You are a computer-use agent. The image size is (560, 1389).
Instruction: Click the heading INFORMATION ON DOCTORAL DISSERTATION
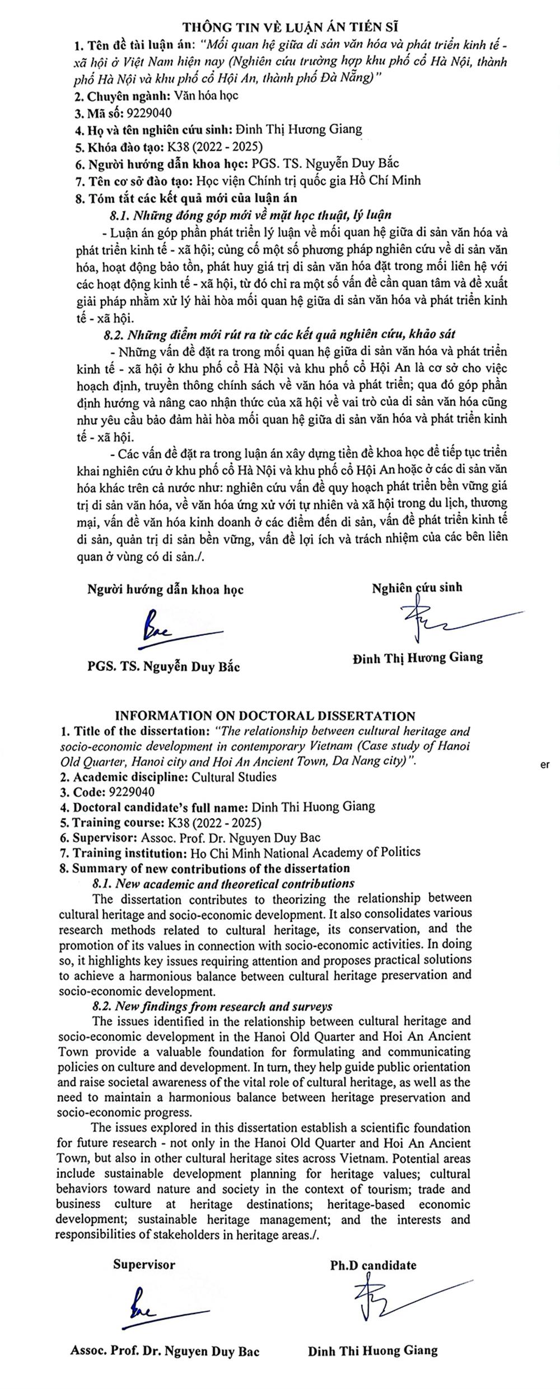pos(265,716)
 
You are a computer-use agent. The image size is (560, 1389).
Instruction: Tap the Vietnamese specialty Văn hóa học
pos(207,95)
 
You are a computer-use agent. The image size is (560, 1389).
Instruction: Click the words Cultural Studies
pos(234,777)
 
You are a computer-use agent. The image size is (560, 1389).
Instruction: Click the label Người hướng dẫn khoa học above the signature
pos(165,589)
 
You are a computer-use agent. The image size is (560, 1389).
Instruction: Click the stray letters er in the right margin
pos(545,766)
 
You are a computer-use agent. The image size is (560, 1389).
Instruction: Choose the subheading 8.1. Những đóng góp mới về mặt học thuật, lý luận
pos(250,214)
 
